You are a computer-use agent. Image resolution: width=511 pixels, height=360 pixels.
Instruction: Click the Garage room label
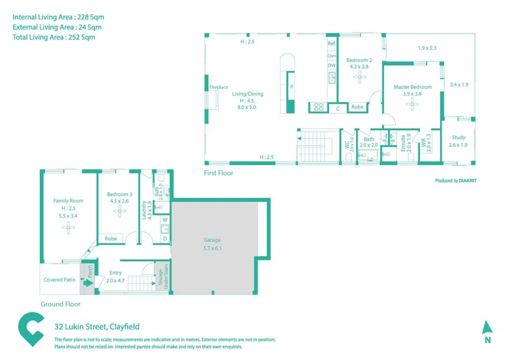click(212, 240)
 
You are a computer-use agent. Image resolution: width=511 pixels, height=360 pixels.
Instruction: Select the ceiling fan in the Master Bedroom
click(412, 104)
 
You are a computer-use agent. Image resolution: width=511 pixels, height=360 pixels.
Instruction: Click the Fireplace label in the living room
click(218, 87)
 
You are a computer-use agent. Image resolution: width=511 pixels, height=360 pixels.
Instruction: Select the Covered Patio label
click(59, 280)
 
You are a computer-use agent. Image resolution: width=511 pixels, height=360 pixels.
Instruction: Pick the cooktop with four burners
click(318, 107)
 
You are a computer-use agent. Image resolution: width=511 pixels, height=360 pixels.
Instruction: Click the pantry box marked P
click(291, 87)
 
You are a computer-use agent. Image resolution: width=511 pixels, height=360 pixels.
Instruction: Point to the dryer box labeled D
click(165, 238)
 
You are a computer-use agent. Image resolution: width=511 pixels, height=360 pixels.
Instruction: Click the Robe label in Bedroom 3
click(110, 238)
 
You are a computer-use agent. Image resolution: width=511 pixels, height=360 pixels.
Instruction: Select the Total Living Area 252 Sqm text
click(54, 37)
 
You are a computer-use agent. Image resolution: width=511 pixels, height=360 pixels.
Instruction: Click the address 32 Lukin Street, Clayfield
click(97, 327)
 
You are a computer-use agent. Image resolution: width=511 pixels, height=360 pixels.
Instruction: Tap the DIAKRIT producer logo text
click(468, 181)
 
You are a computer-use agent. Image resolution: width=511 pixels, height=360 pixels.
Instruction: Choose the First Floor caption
click(218, 173)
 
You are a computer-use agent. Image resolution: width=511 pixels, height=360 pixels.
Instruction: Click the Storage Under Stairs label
click(162, 279)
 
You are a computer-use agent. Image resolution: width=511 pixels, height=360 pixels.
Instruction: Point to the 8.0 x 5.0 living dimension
click(248, 107)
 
